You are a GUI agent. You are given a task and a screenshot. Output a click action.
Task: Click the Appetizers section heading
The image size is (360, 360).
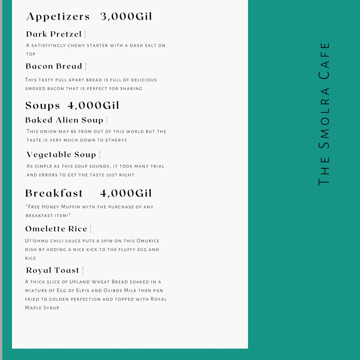58,17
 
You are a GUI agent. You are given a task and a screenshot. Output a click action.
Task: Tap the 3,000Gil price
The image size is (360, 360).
126,17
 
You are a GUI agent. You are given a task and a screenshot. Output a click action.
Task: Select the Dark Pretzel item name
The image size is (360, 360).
54,34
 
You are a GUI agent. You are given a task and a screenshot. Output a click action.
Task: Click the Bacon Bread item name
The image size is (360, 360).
54,66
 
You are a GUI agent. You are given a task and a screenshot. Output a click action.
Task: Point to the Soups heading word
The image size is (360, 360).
43,106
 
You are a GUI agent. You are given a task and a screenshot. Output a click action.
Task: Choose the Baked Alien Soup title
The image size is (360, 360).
64,120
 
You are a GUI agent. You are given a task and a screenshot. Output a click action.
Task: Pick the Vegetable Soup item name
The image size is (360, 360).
61,155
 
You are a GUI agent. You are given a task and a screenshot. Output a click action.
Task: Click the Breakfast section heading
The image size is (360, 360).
54,193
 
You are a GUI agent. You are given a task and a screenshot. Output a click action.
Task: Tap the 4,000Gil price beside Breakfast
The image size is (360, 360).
126,193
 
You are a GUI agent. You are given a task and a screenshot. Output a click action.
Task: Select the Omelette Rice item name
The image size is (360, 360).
56,229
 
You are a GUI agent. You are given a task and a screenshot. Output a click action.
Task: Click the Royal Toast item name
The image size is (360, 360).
53,270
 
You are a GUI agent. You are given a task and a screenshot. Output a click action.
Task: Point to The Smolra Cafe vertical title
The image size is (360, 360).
324,114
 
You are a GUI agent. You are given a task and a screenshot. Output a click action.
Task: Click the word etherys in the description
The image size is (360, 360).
117,140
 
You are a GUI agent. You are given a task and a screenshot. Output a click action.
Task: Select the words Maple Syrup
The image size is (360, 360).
42,308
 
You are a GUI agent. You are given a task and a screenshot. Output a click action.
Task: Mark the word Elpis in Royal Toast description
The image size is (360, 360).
93,290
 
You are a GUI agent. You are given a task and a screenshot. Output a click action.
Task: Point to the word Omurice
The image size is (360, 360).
148,241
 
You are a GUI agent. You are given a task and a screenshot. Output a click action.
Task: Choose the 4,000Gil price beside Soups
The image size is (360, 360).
94,106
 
